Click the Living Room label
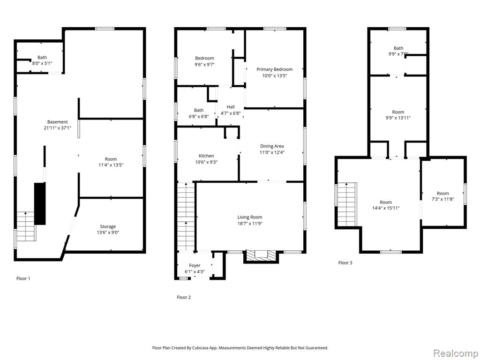point(250,217)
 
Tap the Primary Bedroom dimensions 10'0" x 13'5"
point(275,75)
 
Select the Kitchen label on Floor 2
point(206,156)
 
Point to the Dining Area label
point(272,146)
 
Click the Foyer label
point(195,265)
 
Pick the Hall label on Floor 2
point(231,107)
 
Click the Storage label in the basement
point(108,226)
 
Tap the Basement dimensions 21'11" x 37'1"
point(58,128)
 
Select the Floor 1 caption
point(23,278)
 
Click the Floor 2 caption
point(184,297)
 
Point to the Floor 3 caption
point(345,262)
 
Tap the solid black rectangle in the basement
point(40,203)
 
